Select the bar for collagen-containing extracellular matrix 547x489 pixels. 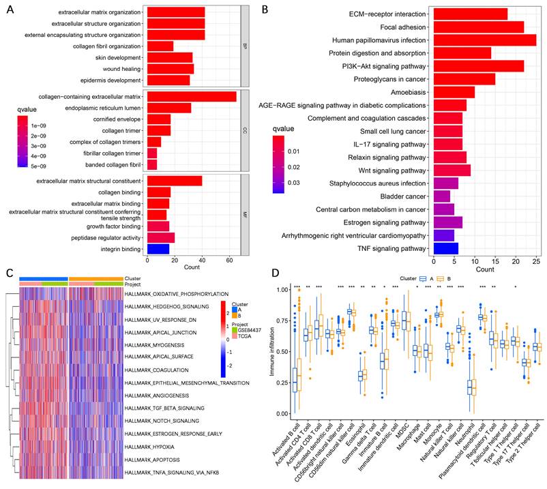point(191,96)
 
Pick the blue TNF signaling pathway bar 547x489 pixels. point(445,248)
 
